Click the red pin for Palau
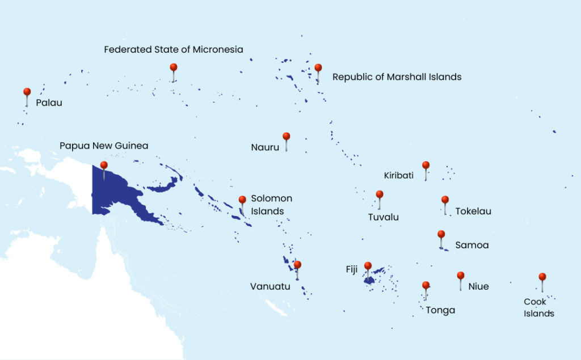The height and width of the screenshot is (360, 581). click(27, 92)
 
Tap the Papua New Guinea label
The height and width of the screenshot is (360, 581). click(104, 146)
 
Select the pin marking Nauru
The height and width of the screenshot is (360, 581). click(287, 137)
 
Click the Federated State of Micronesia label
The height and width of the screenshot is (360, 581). click(174, 50)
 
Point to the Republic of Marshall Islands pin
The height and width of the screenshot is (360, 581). click(318, 69)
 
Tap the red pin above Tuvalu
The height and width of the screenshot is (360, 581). click(380, 195)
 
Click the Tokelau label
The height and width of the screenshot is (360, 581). click(473, 211)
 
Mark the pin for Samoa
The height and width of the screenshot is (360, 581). click(441, 235)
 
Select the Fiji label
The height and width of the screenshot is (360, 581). click(352, 269)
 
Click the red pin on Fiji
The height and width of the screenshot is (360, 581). click(368, 266)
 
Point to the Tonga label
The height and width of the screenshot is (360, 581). click(440, 310)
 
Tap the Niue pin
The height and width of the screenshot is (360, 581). click(460, 276)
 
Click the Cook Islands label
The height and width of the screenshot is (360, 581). click(538, 307)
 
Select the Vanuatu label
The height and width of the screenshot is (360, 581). click(270, 286)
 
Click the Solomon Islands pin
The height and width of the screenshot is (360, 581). click(242, 200)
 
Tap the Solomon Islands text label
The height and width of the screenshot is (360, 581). click(271, 205)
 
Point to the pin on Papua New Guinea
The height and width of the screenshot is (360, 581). click(104, 166)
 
